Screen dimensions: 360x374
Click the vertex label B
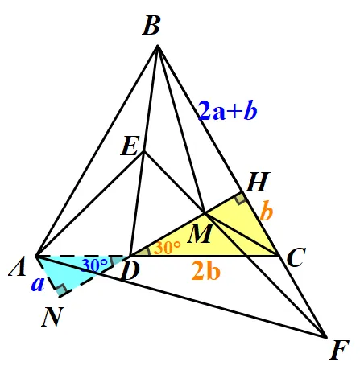click(x=151, y=26)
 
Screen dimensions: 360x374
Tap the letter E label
click(x=130, y=146)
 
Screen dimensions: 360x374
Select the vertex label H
click(x=258, y=182)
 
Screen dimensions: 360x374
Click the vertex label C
click(x=296, y=257)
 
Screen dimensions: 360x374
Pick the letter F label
click(x=339, y=350)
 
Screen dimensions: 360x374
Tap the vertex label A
click(x=18, y=266)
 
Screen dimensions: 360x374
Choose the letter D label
click(x=130, y=271)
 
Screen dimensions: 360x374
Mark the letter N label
click(x=52, y=317)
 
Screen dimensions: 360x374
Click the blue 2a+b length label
click(x=228, y=110)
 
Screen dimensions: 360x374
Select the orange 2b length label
click(x=206, y=271)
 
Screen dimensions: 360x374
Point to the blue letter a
click(x=38, y=284)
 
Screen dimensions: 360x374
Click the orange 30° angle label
click(x=167, y=247)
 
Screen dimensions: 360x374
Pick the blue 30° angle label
click(x=94, y=265)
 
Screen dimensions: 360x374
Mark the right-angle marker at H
click(x=240, y=198)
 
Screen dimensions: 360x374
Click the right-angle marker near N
click(x=61, y=290)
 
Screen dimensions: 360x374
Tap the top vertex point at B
click(x=158, y=46)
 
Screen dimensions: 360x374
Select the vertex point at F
click(x=326, y=337)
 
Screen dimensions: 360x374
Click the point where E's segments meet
click(x=144, y=152)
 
